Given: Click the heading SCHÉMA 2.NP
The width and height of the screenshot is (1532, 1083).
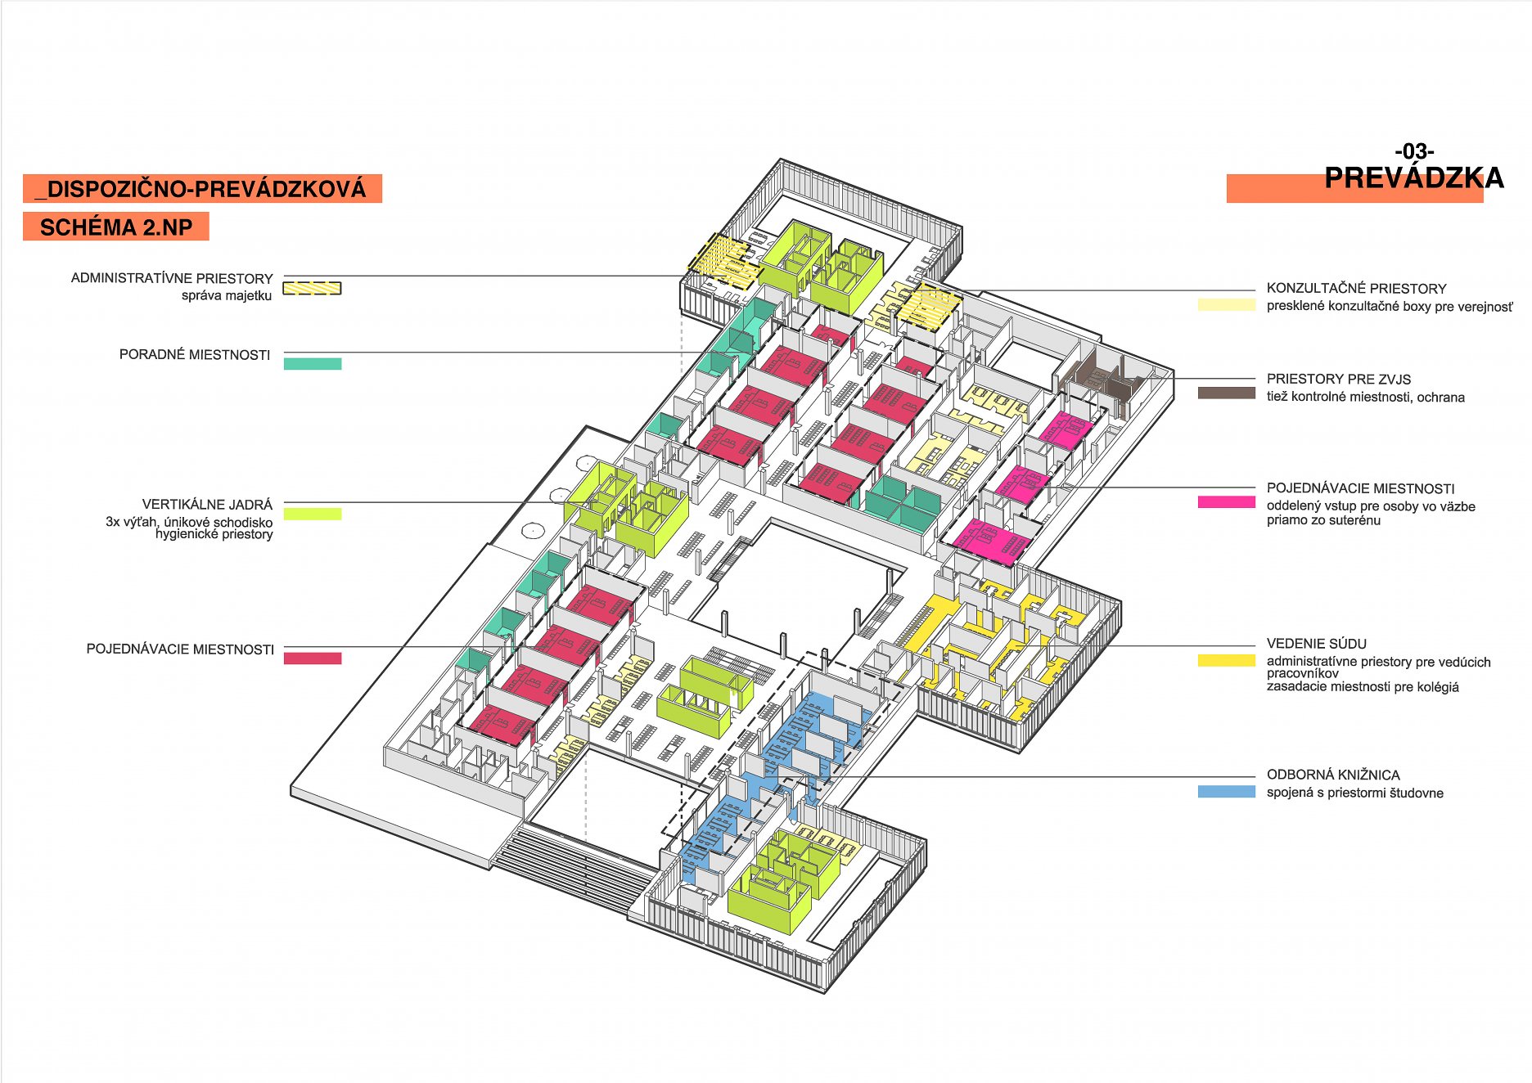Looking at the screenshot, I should tap(116, 227).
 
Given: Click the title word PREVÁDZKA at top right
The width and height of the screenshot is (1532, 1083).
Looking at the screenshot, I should tap(1413, 178).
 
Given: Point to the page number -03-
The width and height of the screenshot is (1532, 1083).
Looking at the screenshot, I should tap(1414, 151).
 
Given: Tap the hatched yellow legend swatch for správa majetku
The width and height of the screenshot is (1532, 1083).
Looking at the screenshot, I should tap(312, 288).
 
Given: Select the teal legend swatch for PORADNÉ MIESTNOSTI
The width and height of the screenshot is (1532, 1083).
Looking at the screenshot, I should tap(313, 364).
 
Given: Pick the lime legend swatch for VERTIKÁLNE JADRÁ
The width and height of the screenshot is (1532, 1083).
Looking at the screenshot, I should tap(313, 514).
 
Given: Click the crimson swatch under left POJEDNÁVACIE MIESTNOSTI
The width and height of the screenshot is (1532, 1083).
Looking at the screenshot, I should tap(313, 658).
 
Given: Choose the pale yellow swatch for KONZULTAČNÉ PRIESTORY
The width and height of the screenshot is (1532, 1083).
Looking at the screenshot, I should tap(1226, 305).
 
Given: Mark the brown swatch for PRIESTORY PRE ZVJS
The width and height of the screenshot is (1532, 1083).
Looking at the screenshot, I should tap(1226, 393).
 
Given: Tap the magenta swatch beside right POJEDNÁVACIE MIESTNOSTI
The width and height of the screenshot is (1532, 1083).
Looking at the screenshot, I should tap(1226, 502).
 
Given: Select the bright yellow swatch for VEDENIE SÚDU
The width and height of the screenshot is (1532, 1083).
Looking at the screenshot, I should tap(1226, 660).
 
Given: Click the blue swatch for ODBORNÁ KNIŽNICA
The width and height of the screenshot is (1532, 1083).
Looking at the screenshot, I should tap(1226, 792).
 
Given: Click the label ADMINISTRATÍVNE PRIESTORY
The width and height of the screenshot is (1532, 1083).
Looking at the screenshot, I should tap(172, 278).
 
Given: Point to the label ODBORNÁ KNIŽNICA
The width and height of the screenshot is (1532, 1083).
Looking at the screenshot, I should tap(1332, 775).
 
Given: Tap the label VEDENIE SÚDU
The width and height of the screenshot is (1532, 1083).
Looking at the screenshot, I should tap(1316, 644).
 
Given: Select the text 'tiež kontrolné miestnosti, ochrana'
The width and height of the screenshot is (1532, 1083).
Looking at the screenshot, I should tap(1365, 398).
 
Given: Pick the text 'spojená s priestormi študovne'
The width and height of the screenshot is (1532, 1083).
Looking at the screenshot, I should tap(1354, 793).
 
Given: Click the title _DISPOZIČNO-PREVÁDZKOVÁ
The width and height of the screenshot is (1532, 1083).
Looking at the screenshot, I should tap(202, 189).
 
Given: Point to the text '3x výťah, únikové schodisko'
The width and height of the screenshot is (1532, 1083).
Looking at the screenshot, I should tap(189, 522).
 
